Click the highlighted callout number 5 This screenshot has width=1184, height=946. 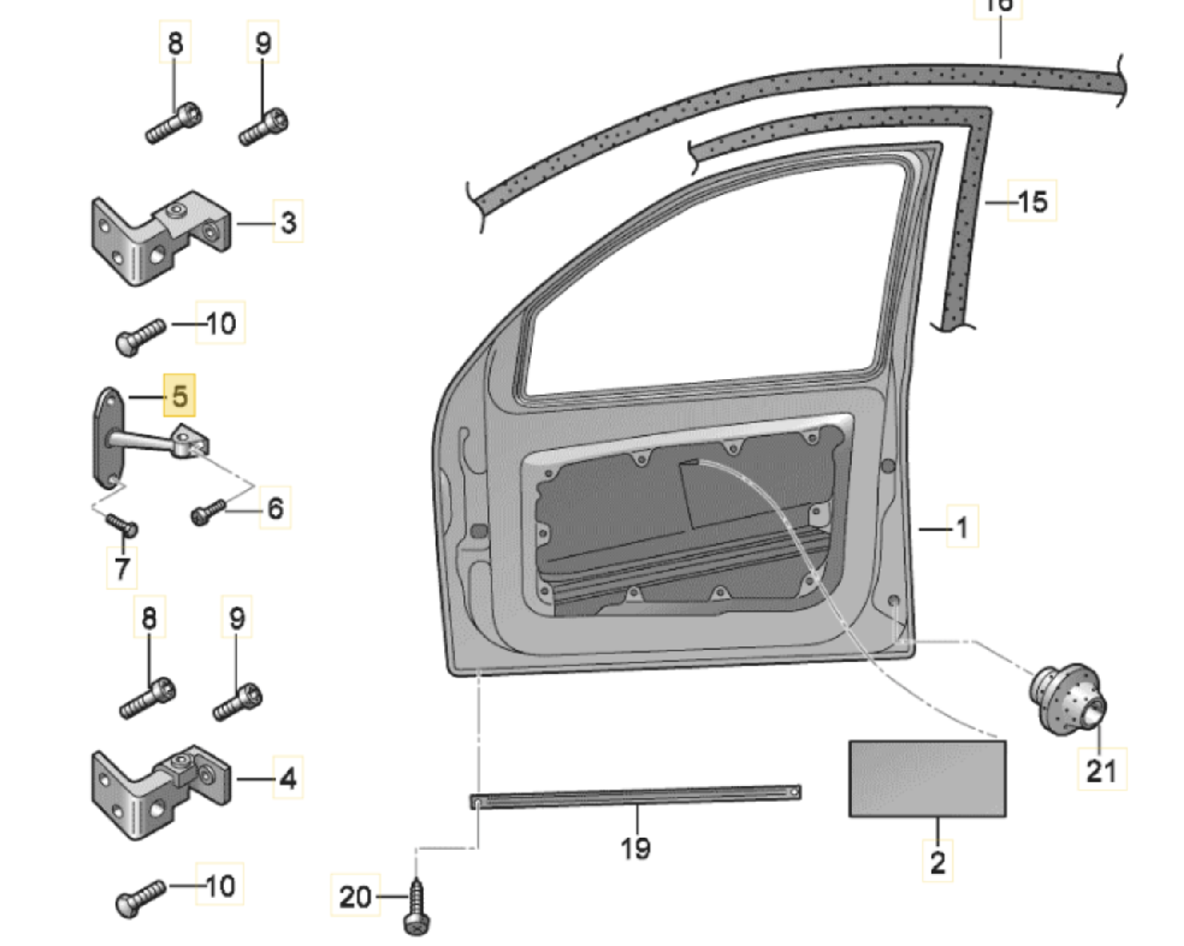coord(179,396)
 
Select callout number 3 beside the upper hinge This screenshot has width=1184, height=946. coord(289,222)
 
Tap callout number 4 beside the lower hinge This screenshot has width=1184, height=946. coord(289,778)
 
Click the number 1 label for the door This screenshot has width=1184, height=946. coord(962,527)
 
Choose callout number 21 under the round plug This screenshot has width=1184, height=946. coord(1101,769)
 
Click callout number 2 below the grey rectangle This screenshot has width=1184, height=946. coord(938,862)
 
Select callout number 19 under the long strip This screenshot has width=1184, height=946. coord(635,847)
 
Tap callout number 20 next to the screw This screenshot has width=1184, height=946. coord(355,896)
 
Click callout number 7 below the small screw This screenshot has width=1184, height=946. coord(122,566)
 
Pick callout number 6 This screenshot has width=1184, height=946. coord(275,508)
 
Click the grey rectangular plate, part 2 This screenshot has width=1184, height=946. coord(927,778)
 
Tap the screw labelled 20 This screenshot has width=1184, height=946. coord(415,907)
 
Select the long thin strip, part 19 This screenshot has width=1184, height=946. coord(635,794)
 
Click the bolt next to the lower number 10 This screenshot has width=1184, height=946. coord(140,897)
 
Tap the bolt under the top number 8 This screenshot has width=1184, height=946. coord(174,122)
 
